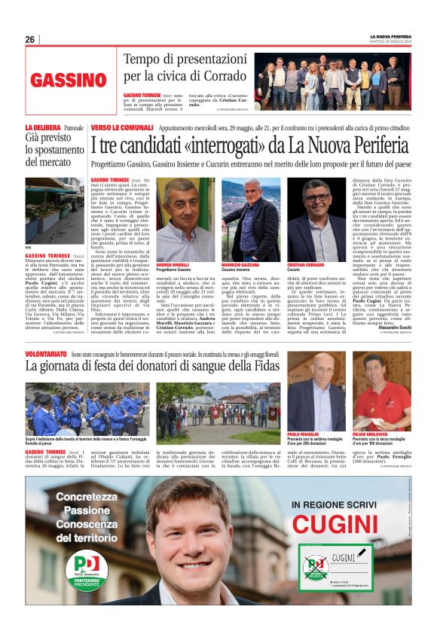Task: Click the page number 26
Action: pyautogui.click(x=30, y=40)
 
